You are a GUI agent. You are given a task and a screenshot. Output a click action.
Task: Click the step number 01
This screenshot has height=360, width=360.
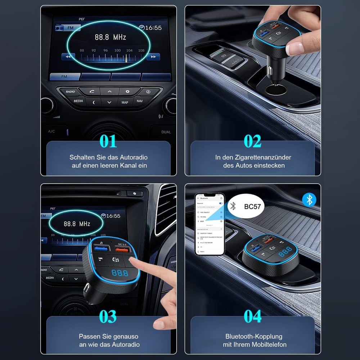point(108,141)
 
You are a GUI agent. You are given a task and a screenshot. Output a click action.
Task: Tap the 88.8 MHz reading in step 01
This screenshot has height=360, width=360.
point(111,37)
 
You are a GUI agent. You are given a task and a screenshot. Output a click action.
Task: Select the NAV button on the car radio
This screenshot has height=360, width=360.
point(140,101)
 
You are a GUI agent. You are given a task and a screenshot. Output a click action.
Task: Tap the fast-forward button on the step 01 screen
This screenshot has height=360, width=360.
point(153,57)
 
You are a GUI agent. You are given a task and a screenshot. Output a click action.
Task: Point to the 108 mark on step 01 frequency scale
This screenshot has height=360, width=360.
point(141,50)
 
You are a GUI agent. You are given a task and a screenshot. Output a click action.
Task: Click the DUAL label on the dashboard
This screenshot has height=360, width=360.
point(166,132)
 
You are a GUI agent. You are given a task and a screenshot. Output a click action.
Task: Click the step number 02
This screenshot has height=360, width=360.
point(252,141)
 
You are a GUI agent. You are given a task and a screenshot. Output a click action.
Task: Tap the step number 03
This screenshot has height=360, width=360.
point(108,317)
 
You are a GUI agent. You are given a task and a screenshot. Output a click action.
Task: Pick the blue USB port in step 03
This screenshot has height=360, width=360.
point(101,248)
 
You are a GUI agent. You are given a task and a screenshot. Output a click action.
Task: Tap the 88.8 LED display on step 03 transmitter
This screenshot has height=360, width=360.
point(120,273)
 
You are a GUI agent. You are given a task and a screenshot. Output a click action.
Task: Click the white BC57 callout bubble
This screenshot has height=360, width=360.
point(247,207)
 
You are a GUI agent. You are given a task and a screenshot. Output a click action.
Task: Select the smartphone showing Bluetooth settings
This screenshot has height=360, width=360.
point(210,224)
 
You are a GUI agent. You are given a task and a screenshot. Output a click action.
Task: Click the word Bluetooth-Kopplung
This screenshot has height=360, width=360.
point(254,336)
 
